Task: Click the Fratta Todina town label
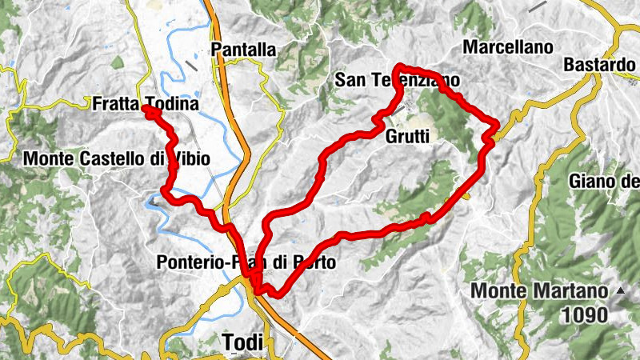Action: (x=145, y=104)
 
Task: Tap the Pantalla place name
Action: (x=244, y=50)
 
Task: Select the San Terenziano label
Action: (x=397, y=80)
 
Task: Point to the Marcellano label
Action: (x=508, y=47)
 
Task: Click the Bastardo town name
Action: (x=599, y=64)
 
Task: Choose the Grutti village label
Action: (x=408, y=137)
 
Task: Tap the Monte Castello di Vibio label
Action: (x=117, y=159)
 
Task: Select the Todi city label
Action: (x=243, y=342)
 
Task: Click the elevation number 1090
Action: (x=585, y=315)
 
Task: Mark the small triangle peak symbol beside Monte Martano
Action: (x=620, y=290)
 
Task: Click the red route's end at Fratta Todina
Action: (x=147, y=109)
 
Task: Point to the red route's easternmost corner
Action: (x=498, y=123)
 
